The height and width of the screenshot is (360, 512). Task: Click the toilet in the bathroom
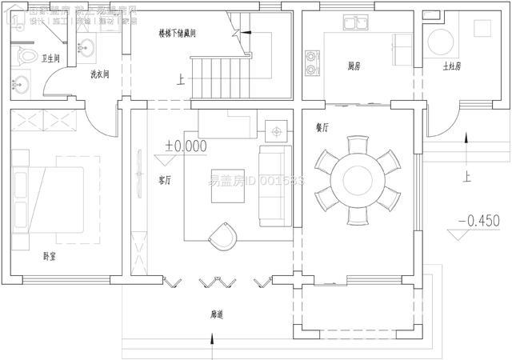pyautogui.click(x=26, y=57)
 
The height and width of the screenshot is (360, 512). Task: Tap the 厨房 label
pyautogui.click(x=354, y=66)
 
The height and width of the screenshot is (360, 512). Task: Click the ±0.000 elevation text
pyautogui.click(x=186, y=146)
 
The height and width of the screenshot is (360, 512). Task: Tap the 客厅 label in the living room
pyautogui.click(x=166, y=180)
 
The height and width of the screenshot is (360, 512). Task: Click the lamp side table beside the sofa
pyautogui.click(x=278, y=130)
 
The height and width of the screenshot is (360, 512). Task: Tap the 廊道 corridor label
pyautogui.click(x=218, y=316)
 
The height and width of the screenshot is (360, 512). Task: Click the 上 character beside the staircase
pyautogui.click(x=181, y=79)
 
